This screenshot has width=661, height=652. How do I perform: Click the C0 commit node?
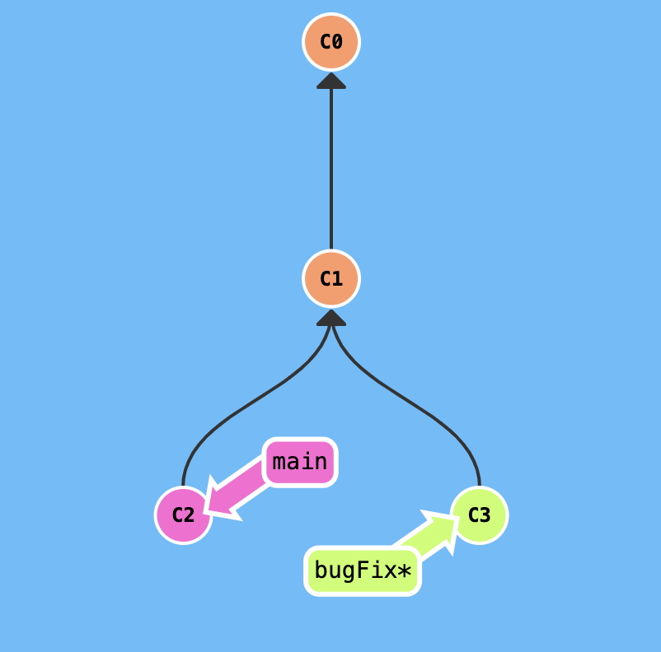pyautogui.click(x=331, y=42)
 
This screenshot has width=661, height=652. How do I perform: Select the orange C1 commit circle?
pyautogui.click(x=331, y=279)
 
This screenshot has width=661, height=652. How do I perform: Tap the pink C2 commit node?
pyautogui.click(x=183, y=515)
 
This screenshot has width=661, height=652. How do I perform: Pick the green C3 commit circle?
pyautogui.click(x=479, y=515)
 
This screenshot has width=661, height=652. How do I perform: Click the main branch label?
pyautogui.click(x=300, y=462)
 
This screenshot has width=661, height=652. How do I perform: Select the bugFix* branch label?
pyautogui.click(x=363, y=570)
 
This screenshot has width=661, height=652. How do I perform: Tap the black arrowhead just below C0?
pyautogui.click(x=331, y=81)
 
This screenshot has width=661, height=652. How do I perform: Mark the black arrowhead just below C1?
pyautogui.click(x=331, y=318)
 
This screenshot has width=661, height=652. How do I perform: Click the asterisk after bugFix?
pyautogui.click(x=404, y=570)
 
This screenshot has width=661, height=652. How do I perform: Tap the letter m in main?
pyautogui.click(x=279, y=463)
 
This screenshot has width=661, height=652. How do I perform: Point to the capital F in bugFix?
pyautogui.click(x=366, y=570)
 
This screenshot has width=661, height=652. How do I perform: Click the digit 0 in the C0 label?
pyautogui.click(x=336, y=42)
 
